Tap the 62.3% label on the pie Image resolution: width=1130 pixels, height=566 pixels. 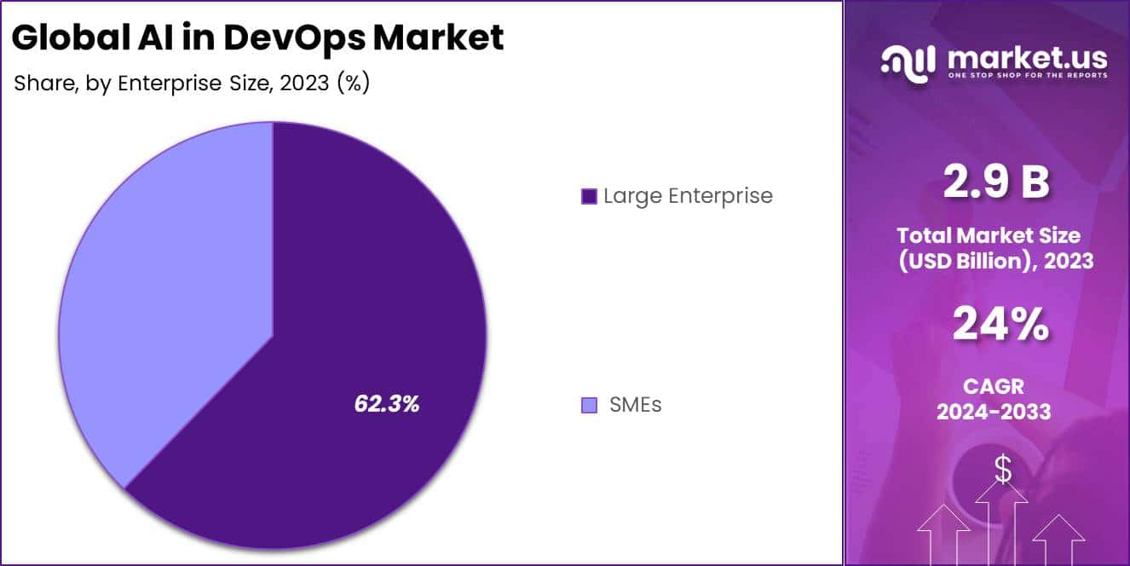(387, 404)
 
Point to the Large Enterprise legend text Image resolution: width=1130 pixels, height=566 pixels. (688, 196)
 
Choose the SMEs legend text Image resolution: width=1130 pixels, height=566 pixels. (635, 405)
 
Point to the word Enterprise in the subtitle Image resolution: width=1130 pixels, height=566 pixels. (167, 84)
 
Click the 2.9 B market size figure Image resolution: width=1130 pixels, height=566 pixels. (995, 182)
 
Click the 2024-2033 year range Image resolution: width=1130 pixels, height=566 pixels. (994, 412)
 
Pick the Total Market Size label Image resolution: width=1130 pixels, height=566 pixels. (994, 236)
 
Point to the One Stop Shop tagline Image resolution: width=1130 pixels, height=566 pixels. (1027, 76)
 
